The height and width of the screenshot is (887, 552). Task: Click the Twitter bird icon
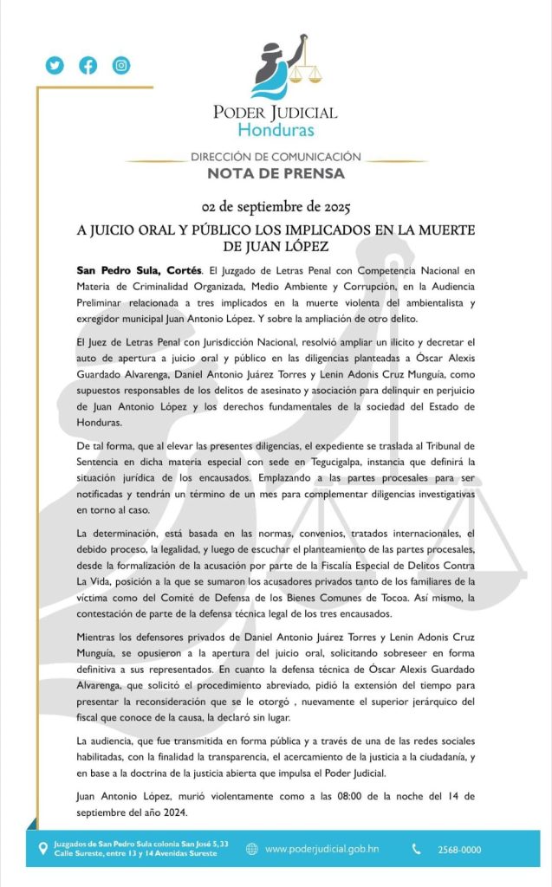(x=55, y=65)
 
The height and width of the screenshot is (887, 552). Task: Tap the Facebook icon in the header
(x=88, y=65)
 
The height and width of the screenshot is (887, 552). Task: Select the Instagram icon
(x=121, y=65)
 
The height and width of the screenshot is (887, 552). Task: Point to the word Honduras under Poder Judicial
(x=276, y=130)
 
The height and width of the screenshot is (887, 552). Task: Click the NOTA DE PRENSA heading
(x=276, y=173)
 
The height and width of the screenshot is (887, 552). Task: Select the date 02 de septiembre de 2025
(x=276, y=208)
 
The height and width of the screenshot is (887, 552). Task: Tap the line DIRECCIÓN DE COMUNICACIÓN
(x=276, y=157)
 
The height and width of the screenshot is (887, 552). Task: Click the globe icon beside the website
(x=252, y=849)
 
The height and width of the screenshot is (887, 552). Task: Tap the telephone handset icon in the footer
(x=417, y=849)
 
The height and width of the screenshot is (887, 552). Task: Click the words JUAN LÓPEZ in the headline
(x=275, y=246)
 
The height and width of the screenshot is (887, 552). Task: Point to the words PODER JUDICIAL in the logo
(x=276, y=112)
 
